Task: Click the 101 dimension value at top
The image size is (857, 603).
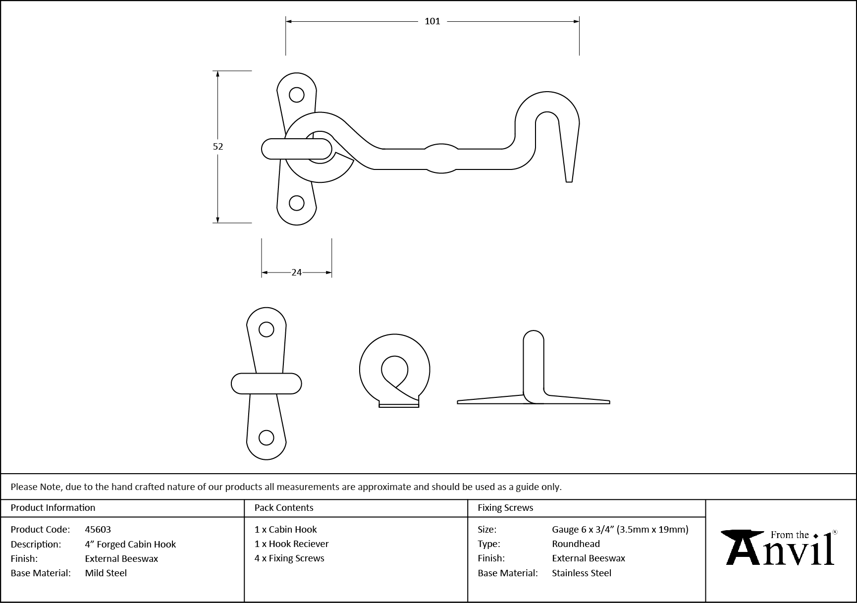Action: coord(432,21)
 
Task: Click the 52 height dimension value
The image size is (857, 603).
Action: coord(218,147)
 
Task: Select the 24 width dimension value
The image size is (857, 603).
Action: coord(296,273)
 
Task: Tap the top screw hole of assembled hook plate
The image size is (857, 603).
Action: coord(296,95)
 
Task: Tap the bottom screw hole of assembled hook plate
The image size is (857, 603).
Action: coord(296,203)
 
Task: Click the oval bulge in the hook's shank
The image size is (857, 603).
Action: coord(441,159)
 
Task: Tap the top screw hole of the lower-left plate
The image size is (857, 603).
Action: coord(267,329)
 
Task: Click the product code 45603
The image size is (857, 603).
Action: coord(98,530)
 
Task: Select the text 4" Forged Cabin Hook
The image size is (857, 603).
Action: coord(130,545)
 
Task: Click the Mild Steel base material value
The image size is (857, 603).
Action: coord(106,573)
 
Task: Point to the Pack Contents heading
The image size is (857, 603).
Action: coord(283,508)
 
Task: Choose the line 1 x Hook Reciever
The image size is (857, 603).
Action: coord(291,544)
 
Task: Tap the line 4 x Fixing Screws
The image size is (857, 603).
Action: coord(289,558)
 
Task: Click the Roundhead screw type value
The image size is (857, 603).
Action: coord(576,544)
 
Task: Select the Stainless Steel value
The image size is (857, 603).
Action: coord(582,573)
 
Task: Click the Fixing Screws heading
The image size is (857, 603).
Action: coord(505,508)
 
